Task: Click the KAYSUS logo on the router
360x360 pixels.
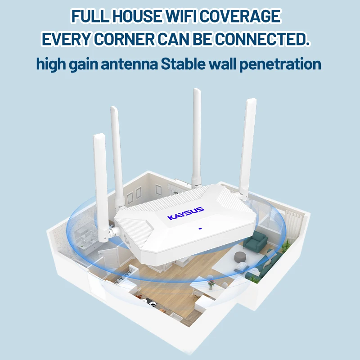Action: pyautogui.click(x=186, y=213)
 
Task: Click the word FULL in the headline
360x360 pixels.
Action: pyautogui.click(x=87, y=17)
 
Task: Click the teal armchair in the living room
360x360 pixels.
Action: pyautogui.click(x=255, y=242)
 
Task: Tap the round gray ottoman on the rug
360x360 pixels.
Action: pyautogui.click(x=241, y=257)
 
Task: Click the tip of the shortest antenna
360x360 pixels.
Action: pyautogui.click(x=99, y=136)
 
